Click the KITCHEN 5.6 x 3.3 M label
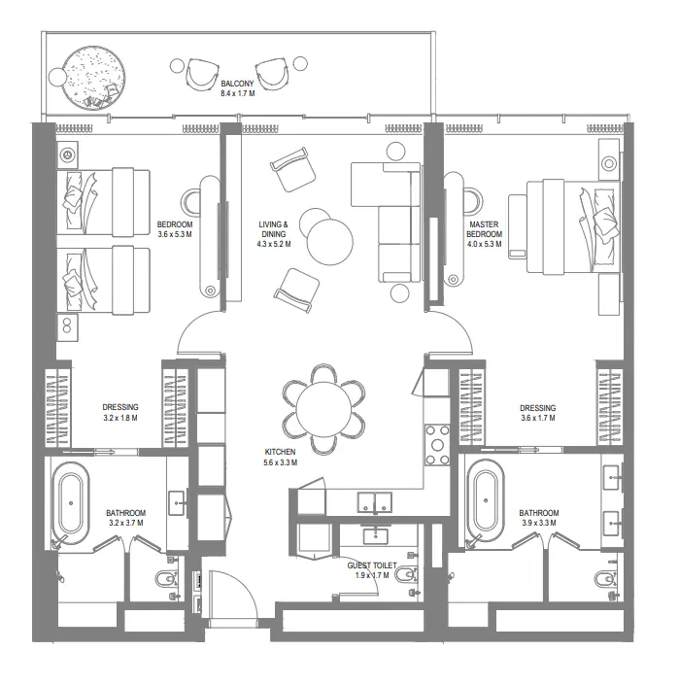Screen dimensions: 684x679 (280, 458)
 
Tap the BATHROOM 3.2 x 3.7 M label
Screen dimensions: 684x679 (126, 518)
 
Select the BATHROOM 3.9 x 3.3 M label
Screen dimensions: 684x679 (538, 518)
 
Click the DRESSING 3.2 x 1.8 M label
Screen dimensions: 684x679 (120, 413)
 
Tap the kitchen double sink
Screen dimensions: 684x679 (374, 502)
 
